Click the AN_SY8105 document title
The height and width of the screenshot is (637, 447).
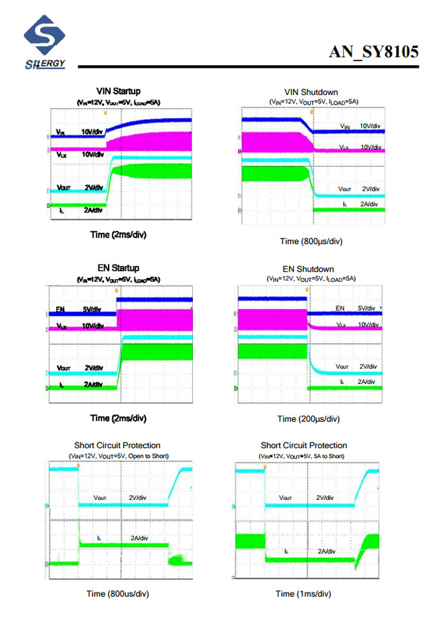click(x=374, y=52)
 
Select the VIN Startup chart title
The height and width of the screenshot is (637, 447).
click(x=118, y=91)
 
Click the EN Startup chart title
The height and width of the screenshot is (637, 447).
click(x=118, y=268)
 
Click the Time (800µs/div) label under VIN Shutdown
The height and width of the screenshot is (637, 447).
click(x=311, y=241)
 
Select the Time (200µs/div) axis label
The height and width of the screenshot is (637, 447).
click(x=308, y=419)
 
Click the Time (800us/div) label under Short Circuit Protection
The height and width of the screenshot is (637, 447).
click(x=117, y=594)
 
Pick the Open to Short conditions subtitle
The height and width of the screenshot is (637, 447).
click(x=118, y=456)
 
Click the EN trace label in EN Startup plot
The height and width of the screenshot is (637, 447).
click(x=61, y=310)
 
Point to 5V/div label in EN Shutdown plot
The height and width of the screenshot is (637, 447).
click(x=368, y=309)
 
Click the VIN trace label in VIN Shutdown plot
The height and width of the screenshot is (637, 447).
click(x=345, y=127)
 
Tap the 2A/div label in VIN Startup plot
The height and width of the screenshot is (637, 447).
click(x=93, y=210)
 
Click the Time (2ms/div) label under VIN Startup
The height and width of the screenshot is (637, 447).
click(x=118, y=235)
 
